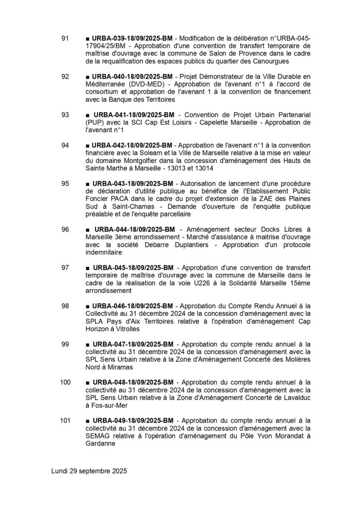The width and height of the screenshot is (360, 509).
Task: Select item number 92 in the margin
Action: coord(65,77)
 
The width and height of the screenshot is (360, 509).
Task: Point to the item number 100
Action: coord(65,382)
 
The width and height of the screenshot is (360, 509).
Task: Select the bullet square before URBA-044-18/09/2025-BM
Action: coord(88,230)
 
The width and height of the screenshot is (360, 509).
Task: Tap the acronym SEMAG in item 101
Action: coord(98,436)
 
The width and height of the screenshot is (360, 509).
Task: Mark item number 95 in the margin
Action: coord(65,183)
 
